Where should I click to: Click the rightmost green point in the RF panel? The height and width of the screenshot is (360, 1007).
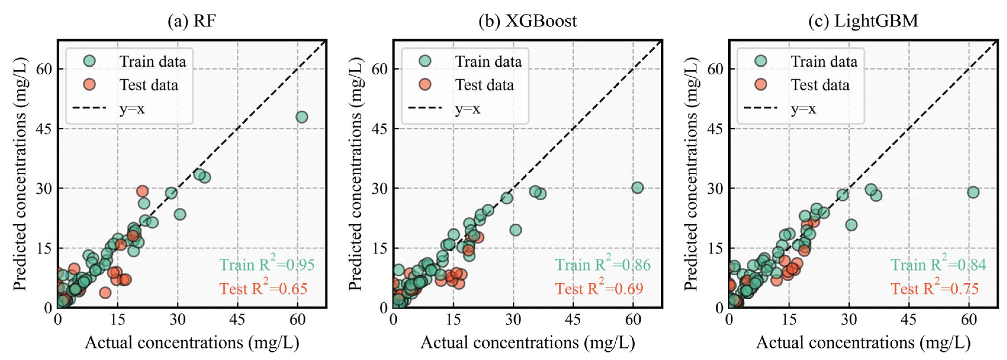point(302,117)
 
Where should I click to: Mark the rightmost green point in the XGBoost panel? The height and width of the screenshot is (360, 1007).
point(637,188)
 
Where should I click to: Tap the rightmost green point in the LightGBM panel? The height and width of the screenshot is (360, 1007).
point(973,192)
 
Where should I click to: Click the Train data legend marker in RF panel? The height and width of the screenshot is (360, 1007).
point(89,61)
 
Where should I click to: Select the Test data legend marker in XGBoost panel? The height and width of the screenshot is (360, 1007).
point(425,84)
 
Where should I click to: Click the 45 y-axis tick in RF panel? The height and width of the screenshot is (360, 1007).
point(44,129)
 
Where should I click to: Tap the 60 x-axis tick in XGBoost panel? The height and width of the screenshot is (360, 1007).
point(633,320)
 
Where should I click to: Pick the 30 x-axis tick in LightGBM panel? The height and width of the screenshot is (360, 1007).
point(849,320)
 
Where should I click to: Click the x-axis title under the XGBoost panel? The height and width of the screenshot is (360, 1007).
point(527,343)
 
